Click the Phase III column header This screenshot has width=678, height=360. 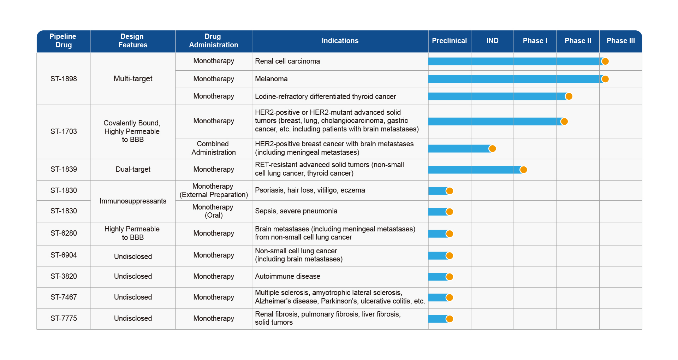point(620,41)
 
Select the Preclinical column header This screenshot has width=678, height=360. point(449,41)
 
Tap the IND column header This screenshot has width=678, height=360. point(492,41)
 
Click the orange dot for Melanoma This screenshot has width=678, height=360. point(605,79)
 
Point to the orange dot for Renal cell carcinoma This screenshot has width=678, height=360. point(605,61)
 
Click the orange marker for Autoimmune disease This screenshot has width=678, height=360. point(450,277)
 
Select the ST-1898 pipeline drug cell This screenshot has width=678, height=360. point(64,79)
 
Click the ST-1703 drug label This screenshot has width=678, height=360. point(64,131)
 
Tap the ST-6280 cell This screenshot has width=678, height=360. point(64,233)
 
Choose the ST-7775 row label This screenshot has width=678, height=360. point(64,318)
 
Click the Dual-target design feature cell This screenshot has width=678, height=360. point(133,169)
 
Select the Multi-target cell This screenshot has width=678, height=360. point(133,79)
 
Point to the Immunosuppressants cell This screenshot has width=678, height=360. point(133,201)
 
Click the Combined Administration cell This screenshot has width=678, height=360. point(213,148)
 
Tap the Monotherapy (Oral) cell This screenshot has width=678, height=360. point(213,211)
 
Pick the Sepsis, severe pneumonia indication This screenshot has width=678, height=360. point(296,211)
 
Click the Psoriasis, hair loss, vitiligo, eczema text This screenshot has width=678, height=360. point(310,190)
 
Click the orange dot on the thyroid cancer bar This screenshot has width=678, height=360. point(569,96)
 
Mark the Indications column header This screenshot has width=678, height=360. point(340,41)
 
